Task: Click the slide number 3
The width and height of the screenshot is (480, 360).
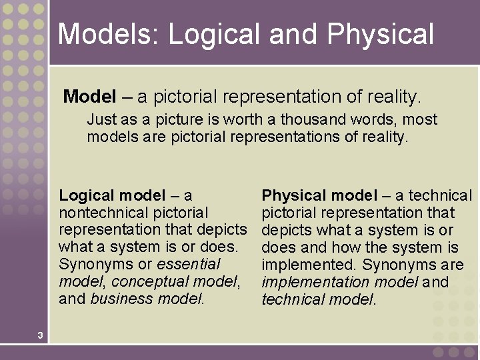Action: coord(40,335)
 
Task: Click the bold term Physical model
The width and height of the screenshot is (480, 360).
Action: coord(319,195)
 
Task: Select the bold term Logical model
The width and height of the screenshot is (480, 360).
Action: coord(112,195)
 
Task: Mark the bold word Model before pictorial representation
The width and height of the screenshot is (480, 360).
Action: coord(90,97)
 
